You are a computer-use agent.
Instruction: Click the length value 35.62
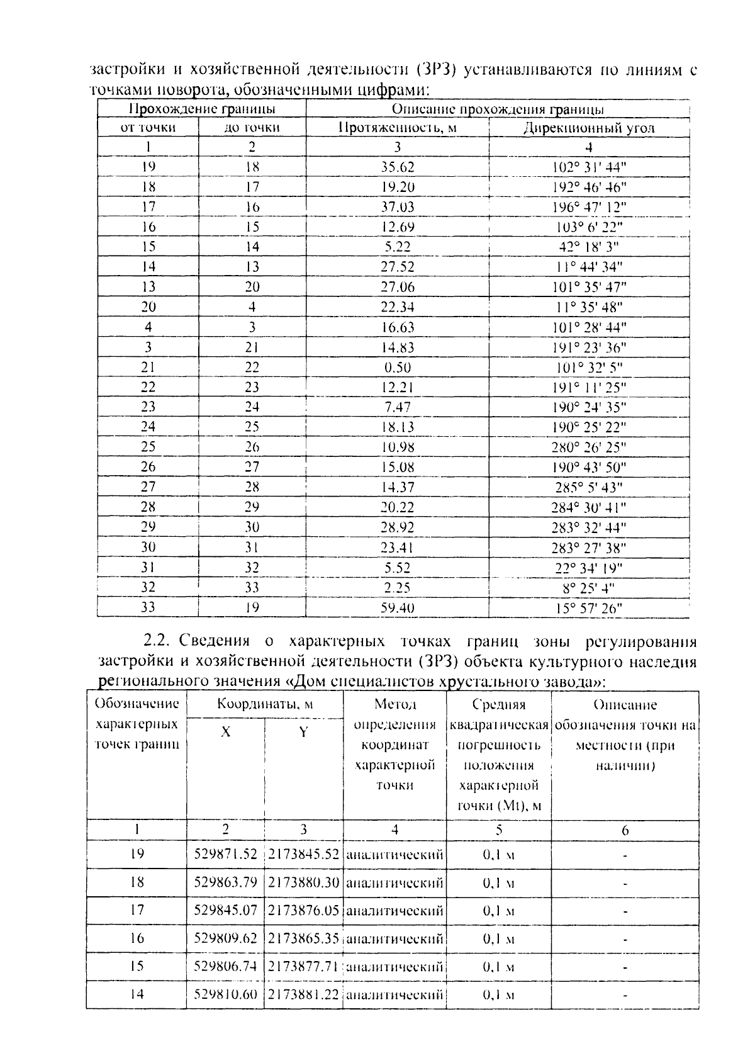point(397,167)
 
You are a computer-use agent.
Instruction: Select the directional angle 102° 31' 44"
point(590,167)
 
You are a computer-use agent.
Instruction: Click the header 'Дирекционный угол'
point(589,128)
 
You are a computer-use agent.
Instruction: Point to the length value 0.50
point(397,368)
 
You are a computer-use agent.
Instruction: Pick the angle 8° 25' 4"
point(589,588)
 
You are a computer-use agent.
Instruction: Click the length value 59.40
point(397,608)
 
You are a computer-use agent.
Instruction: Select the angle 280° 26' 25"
point(590,447)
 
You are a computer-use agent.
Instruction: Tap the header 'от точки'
point(148,128)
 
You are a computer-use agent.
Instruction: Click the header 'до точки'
point(252,128)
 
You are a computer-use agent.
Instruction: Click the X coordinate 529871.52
point(225,854)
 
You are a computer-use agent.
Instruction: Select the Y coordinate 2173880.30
point(304,882)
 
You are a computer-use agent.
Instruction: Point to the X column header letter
point(225,732)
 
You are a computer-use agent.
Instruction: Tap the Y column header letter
point(303,732)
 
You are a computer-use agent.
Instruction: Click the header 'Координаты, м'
point(265,704)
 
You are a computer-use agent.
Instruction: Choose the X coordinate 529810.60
point(225,994)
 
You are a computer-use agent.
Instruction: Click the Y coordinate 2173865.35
point(304,938)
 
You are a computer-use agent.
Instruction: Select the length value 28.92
point(397,527)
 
